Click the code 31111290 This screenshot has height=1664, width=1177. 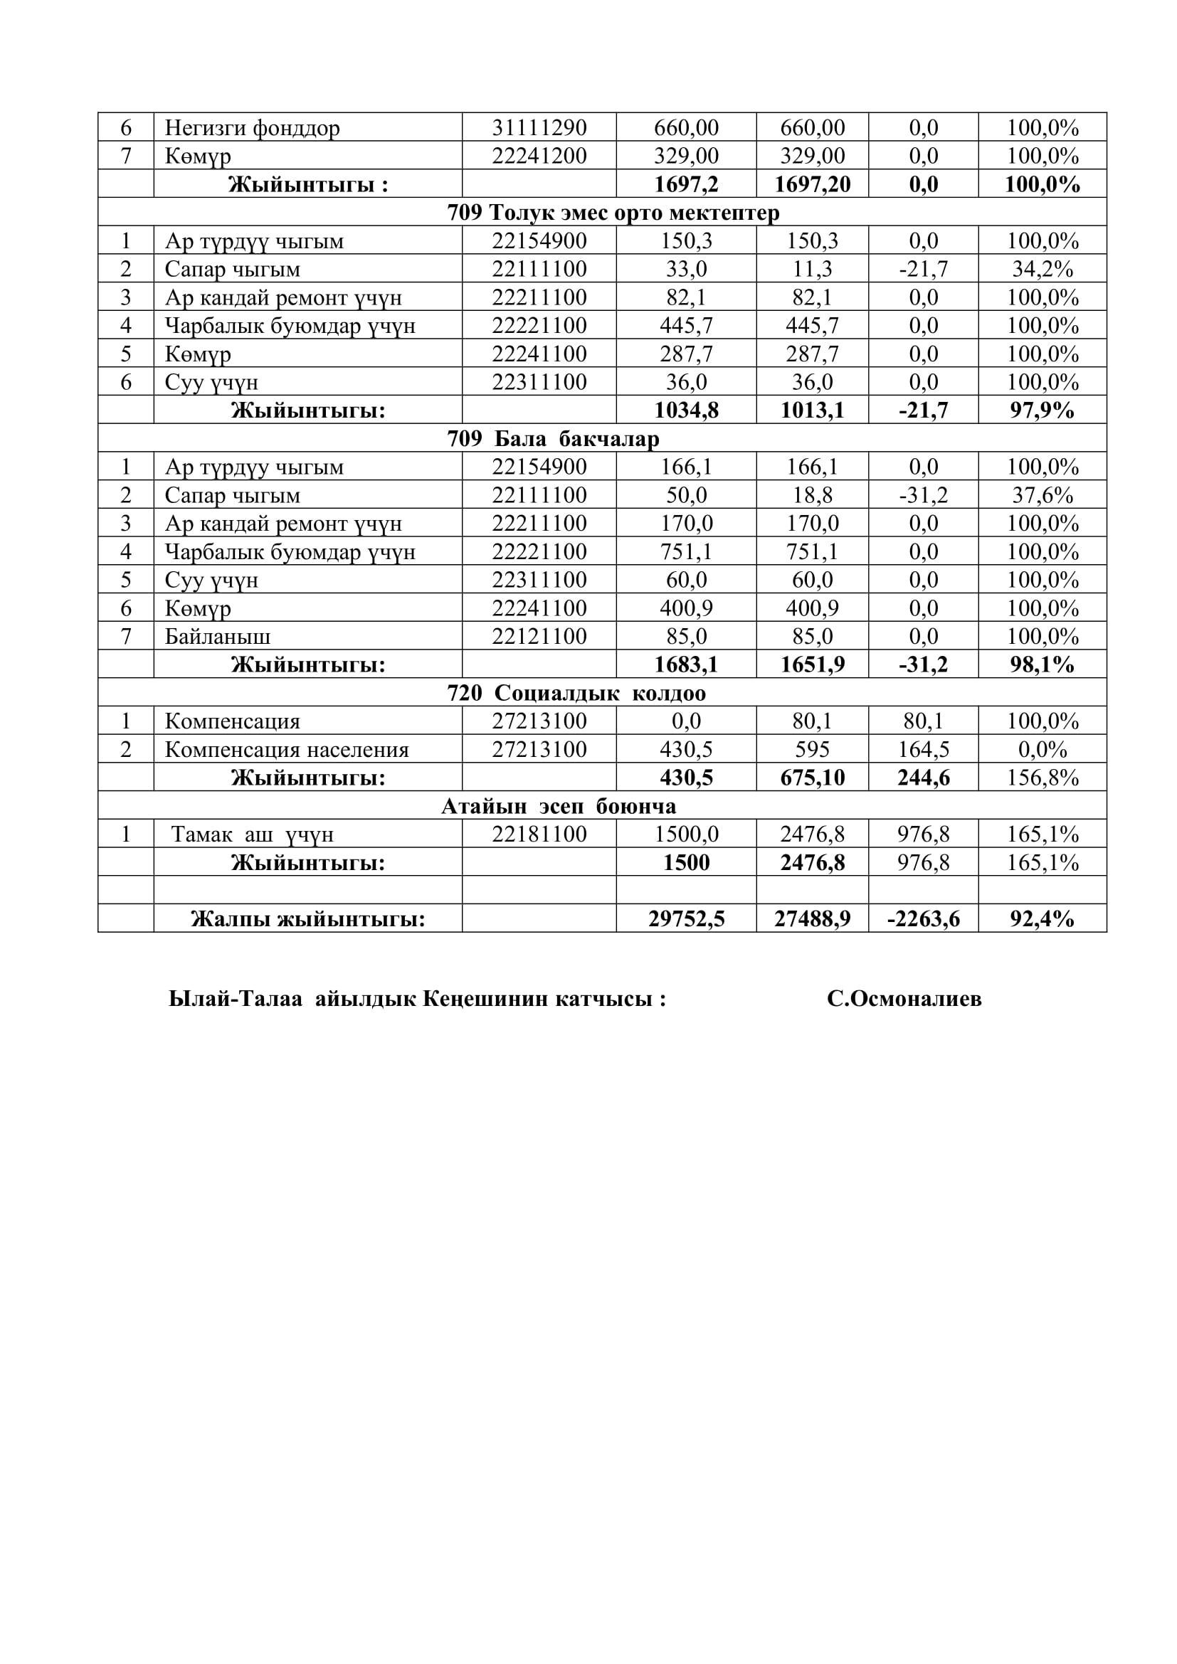[539, 127]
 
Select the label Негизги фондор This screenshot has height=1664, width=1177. [251, 127]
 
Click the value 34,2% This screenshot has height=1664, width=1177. [1043, 269]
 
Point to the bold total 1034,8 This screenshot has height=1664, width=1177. [685, 410]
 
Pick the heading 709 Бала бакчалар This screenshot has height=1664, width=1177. [553, 438]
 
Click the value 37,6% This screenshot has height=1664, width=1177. [1043, 495]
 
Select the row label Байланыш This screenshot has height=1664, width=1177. [218, 636]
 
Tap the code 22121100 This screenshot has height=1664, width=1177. [539, 636]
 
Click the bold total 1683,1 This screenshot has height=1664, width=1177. [685, 664]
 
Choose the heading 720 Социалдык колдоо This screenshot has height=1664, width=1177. [576, 693]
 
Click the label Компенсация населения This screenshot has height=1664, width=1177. [286, 749]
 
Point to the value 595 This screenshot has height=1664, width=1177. [812, 749]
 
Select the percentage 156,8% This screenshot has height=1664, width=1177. [1043, 778]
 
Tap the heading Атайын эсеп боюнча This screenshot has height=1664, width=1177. [558, 806]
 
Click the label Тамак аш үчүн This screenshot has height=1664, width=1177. [252, 834]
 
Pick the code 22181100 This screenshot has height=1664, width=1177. [539, 834]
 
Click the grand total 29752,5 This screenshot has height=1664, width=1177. [685, 919]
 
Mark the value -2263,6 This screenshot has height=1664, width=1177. [923, 919]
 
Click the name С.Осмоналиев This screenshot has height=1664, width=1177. [904, 999]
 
